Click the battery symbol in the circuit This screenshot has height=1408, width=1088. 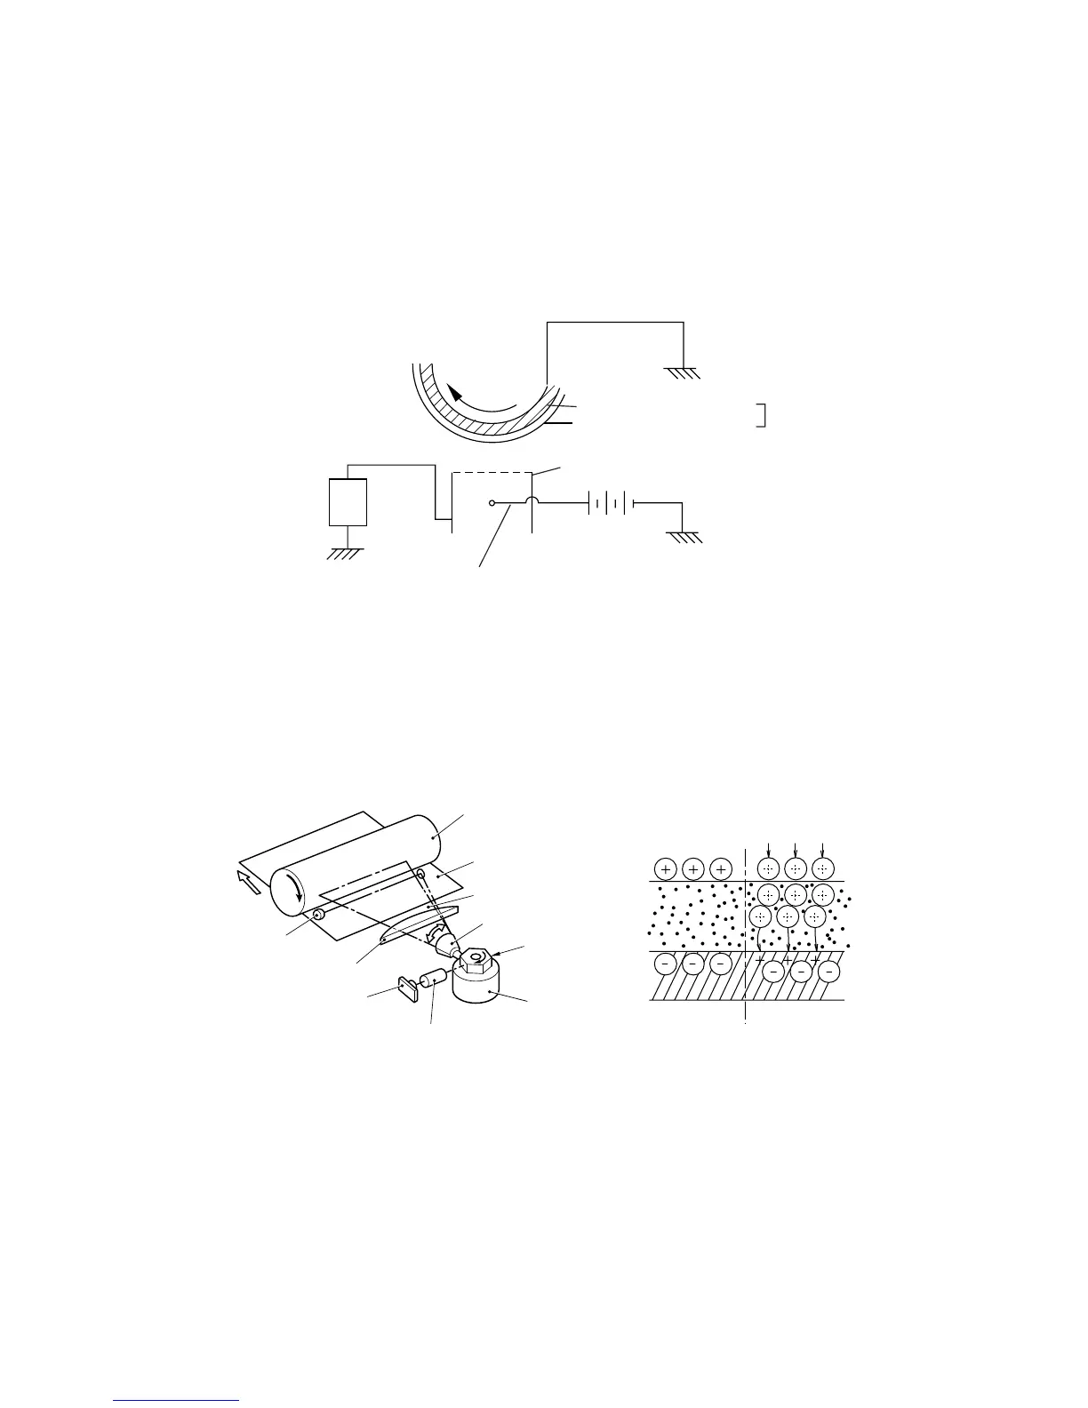pyautogui.click(x=609, y=503)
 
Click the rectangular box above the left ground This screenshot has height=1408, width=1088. pyautogui.click(x=348, y=502)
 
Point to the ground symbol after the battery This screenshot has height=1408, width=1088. pyautogui.click(x=684, y=536)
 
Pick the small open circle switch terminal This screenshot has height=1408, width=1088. pyautogui.click(x=492, y=503)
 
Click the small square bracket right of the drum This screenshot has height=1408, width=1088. pyautogui.click(x=761, y=414)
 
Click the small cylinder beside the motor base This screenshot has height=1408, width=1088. pyautogui.click(x=433, y=978)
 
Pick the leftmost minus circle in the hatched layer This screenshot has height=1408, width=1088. pyautogui.click(x=667, y=964)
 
